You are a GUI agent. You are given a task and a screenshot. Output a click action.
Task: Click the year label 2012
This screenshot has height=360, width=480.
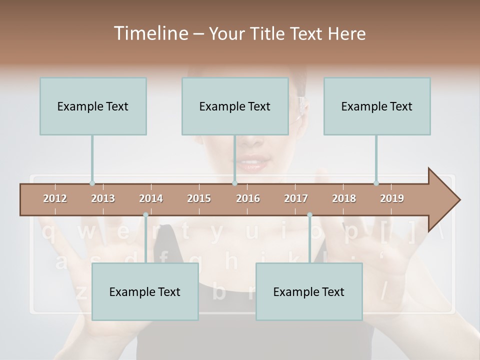(x=55, y=198)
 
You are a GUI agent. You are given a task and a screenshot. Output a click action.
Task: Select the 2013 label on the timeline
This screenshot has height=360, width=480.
(x=103, y=198)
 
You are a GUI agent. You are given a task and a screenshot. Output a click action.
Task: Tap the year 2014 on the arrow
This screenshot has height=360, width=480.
(x=151, y=198)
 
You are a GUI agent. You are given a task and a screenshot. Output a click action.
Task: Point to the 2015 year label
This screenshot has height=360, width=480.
(x=199, y=198)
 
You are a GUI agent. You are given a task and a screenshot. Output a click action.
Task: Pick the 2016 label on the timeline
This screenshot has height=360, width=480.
(x=248, y=198)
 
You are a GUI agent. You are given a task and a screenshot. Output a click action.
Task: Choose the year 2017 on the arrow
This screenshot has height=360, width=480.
(x=296, y=198)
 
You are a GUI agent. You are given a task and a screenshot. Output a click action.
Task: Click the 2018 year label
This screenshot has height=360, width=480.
(x=344, y=198)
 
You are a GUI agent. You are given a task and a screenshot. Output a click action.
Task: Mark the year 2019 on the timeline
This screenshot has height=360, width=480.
(x=392, y=198)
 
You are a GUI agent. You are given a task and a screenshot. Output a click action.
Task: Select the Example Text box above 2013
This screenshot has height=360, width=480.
(x=93, y=106)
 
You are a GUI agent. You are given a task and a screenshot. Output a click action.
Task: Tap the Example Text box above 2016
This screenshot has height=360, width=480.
(x=235, y=106)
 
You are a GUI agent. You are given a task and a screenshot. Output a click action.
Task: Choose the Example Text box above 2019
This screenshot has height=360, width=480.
(x=377, y=106)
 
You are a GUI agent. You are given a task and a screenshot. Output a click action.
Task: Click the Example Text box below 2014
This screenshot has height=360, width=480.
(x=145, y=291)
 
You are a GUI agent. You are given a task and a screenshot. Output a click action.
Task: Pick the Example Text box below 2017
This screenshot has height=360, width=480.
(x=309, y=291)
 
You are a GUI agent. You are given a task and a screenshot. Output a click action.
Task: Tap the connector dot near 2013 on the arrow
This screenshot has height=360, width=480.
(x=92, y=183)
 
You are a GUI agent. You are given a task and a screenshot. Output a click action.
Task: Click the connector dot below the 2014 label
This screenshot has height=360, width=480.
(x=145, y=215)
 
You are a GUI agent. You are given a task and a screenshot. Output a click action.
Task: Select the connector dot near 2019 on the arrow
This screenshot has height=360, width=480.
(x=376, y=183)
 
